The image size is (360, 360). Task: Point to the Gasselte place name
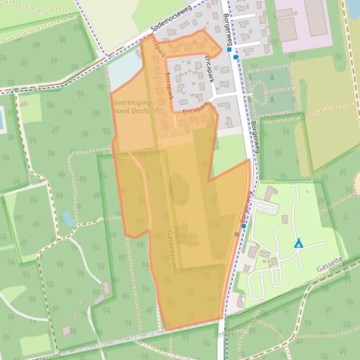click(x=330, y=264)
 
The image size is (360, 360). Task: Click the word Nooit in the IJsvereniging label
click(x=123, y=111)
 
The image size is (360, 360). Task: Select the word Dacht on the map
click(x=141, y=111)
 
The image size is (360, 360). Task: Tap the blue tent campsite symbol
click(x=298, y=243)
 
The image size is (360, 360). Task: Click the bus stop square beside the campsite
click(x=244, y=226)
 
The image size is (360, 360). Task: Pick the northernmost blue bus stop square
click(x=229, y=49)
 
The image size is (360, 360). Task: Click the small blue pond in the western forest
click(x=68, y=217)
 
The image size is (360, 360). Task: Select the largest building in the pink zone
click(x=316, y=17)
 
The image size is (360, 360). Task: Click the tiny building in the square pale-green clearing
click(x=24, y=104)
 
